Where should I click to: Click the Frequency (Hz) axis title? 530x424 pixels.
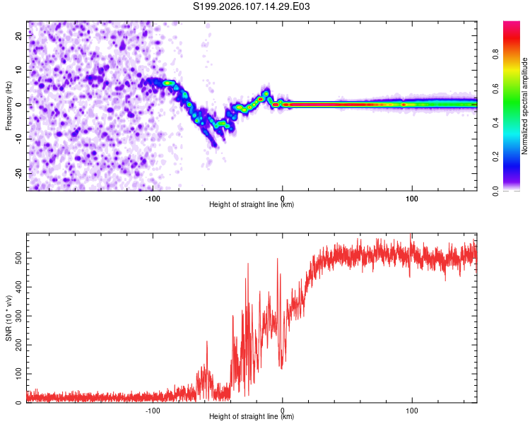9,105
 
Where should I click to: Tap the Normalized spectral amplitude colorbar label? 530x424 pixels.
524,106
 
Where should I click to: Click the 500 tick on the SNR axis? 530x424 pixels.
18,259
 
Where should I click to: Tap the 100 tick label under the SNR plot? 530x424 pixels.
412,409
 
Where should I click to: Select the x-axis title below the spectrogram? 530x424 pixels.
252,205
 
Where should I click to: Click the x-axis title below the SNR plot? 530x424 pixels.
252,417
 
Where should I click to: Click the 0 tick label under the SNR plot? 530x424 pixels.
283,409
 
